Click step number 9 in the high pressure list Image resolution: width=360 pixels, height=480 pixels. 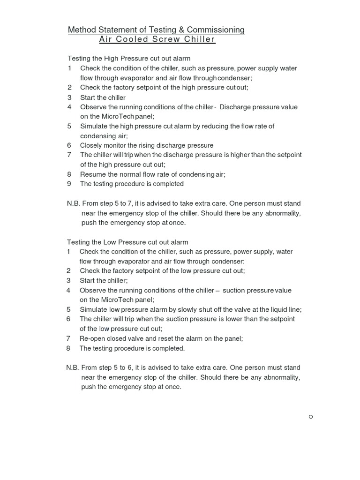coord(69,184)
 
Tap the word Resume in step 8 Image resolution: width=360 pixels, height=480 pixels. coord(92,174)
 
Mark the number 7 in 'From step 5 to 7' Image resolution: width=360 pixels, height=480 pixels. coord(130,203)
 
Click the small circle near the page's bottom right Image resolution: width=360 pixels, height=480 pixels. coord(311,417)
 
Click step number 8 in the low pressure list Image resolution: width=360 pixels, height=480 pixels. coord(68,348)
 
